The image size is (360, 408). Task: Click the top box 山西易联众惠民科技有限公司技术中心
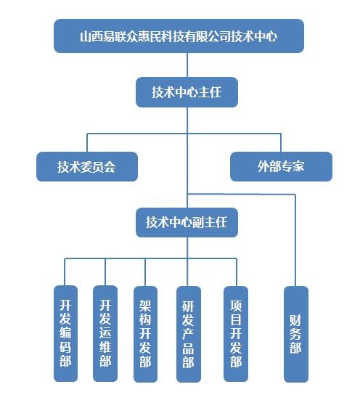coord(179,36)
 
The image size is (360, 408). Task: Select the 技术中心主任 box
coord(187,92)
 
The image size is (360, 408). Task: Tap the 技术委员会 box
coord(87,166)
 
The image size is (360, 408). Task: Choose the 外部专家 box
coord(281,166)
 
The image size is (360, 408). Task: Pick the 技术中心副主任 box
coord(187,222)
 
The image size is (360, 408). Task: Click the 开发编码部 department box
coord(65,334)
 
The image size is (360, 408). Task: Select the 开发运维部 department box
coord(105,334)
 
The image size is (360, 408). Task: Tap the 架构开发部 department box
coord(145,334)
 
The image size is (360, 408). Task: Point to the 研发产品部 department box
coord(189,334)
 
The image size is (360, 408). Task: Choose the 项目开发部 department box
coord(236,334)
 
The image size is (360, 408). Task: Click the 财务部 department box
coord(296,334)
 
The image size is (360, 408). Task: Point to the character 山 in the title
coord(86,36)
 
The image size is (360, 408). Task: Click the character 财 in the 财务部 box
coord(295,320)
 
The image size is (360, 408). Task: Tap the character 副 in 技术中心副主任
coord(198,222)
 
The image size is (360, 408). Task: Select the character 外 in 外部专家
coord(263,166)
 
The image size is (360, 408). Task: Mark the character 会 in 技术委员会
coord(110,167)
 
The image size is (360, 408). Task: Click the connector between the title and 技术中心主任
coord(187,65)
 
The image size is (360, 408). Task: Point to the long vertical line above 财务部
coord(295,240)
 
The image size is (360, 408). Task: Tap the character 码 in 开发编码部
coord(65,346)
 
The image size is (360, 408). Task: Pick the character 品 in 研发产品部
coord(188,348)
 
